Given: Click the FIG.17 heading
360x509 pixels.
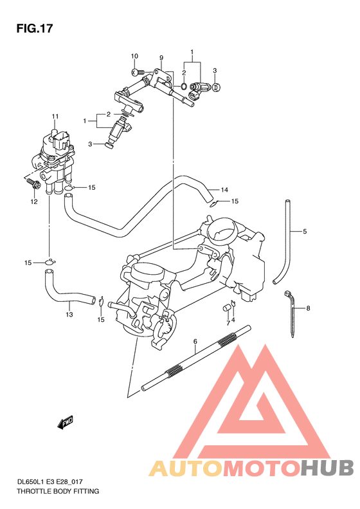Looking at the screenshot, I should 33,29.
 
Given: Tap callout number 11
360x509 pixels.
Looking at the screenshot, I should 55,116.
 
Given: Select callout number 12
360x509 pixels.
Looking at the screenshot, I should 34,201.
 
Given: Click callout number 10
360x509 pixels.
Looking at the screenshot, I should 135,57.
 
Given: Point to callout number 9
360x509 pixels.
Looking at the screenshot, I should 161,59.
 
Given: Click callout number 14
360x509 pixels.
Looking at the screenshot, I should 224,190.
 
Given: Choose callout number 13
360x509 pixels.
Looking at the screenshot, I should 69,315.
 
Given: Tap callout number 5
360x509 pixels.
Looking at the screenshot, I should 305,231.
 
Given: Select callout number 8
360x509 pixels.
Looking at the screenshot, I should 308,308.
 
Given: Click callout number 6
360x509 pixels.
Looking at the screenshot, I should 195,342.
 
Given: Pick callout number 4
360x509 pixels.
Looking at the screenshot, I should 233,319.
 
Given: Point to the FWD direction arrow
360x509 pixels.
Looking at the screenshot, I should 66,422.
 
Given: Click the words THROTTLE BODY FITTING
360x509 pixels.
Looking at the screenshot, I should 58,491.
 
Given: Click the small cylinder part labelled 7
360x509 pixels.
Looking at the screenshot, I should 227,308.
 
